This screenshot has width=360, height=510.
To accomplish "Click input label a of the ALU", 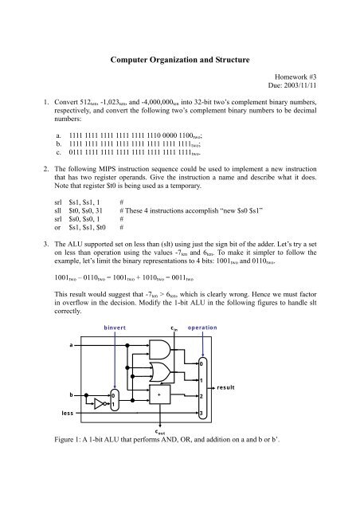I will click(61, 346).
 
